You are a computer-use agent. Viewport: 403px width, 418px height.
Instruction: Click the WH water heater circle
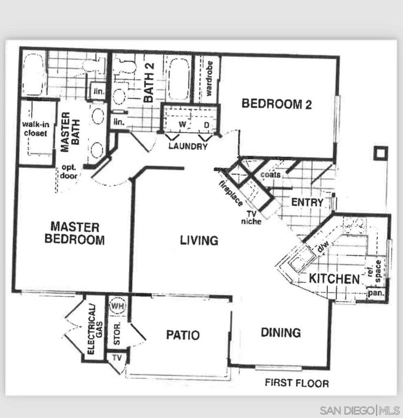pyautogui.click(x=117, y=305)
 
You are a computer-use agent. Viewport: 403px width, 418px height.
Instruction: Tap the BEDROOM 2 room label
pyautogui.click(x=277, y=104)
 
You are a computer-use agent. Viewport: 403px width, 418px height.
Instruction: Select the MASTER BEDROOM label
pyautogui.click(x=75, y=233)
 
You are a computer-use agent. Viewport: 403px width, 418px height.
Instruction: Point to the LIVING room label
pyautogui.click(x=199, y=240)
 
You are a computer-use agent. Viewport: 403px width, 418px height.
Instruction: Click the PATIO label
pyautogui.click(x=183, y=335)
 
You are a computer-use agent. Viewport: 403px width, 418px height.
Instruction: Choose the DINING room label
pyautogui.click(x=281, y=333)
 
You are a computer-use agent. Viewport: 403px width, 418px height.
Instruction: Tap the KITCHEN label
pyautogui.click(x=334, y=279)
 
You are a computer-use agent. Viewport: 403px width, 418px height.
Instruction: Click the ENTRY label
pyautogui.click(x=307, y=202)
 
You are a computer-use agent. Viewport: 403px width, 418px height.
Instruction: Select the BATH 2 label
pyautogui.click(x=149, y=82)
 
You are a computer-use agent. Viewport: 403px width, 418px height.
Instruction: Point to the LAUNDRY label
pyautogui.click(x=188, y=146)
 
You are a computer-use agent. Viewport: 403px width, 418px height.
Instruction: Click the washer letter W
pyautogui.click(x=182, y=124)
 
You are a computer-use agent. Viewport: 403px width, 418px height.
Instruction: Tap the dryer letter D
pyautogui.click(x=207, y=125)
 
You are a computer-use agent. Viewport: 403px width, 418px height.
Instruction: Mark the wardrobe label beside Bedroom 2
pyautogui.click(x=209, y=79)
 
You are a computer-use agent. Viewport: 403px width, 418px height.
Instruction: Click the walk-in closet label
pyautogui.click(x=35, y=129)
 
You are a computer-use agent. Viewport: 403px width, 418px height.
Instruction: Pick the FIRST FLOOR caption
pyautogui.click(x=297, y=383)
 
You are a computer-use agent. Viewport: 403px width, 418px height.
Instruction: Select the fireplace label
pyautogui.click(x=231, y=193)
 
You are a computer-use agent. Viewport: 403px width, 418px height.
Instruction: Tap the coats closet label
pyautogui.click(x=271, y=175)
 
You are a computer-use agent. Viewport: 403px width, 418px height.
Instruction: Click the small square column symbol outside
pyautogui.click(x=381, y=153)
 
